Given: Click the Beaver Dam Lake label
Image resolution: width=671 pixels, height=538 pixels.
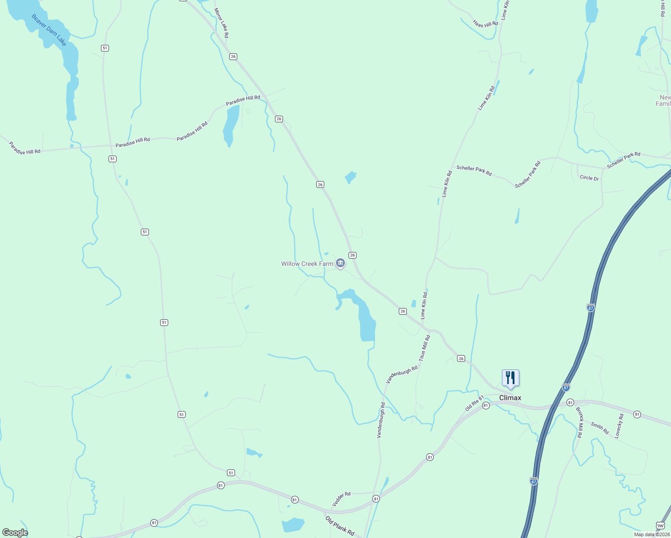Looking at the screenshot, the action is (49, 30).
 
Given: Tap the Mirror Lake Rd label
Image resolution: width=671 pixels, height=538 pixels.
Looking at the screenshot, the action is (222, 23).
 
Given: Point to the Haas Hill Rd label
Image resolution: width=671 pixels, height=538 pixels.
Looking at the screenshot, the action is (485, 23).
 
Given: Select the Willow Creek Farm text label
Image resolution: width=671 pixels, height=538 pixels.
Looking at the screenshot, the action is (307, 264).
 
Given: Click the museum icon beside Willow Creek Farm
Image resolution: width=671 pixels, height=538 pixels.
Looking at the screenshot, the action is (340, 263).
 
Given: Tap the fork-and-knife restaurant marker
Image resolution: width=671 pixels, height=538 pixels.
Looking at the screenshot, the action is (510, 378).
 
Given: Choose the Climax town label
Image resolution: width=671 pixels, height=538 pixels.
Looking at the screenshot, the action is (510, 398).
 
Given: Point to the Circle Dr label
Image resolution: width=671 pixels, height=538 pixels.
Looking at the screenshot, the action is (589, 178).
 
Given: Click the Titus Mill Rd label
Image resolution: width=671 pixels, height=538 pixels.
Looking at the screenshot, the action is (424, 348).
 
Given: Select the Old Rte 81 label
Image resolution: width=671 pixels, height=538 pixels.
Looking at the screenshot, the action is (475, 403).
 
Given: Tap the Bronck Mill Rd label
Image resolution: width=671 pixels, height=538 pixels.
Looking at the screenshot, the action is (579, 422).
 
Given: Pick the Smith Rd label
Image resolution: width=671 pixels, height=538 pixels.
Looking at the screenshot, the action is (600, 428).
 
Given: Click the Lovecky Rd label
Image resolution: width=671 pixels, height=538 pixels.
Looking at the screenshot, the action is (619, 426).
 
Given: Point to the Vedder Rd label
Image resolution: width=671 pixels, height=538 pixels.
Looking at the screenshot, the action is (341, 499).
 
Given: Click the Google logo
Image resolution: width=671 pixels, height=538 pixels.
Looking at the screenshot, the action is (15, 533).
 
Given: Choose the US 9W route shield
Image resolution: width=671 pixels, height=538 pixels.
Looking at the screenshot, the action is (660, 525).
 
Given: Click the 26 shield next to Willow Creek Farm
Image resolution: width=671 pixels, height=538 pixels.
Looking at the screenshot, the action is (353, 255).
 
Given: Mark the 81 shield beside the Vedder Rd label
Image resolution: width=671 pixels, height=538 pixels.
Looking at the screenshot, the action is (376, 499).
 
